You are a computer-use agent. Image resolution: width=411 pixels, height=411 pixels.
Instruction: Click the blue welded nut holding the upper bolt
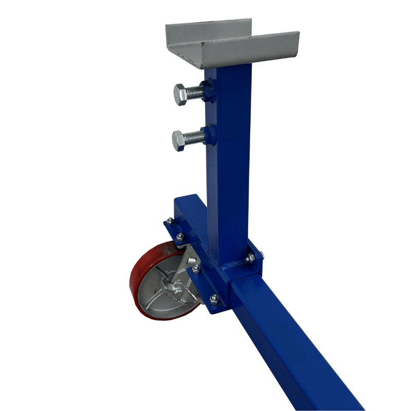tap(208, 91)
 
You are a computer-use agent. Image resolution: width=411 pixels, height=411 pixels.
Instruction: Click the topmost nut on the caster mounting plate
tap(170, 221)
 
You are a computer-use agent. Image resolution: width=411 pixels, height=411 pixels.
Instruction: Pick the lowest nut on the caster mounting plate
tap(215, 298)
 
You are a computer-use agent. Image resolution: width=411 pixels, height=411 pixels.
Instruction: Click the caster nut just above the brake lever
tap(196, 268)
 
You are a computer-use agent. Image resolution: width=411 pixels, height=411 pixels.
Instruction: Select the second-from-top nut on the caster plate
tap(179, 237)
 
